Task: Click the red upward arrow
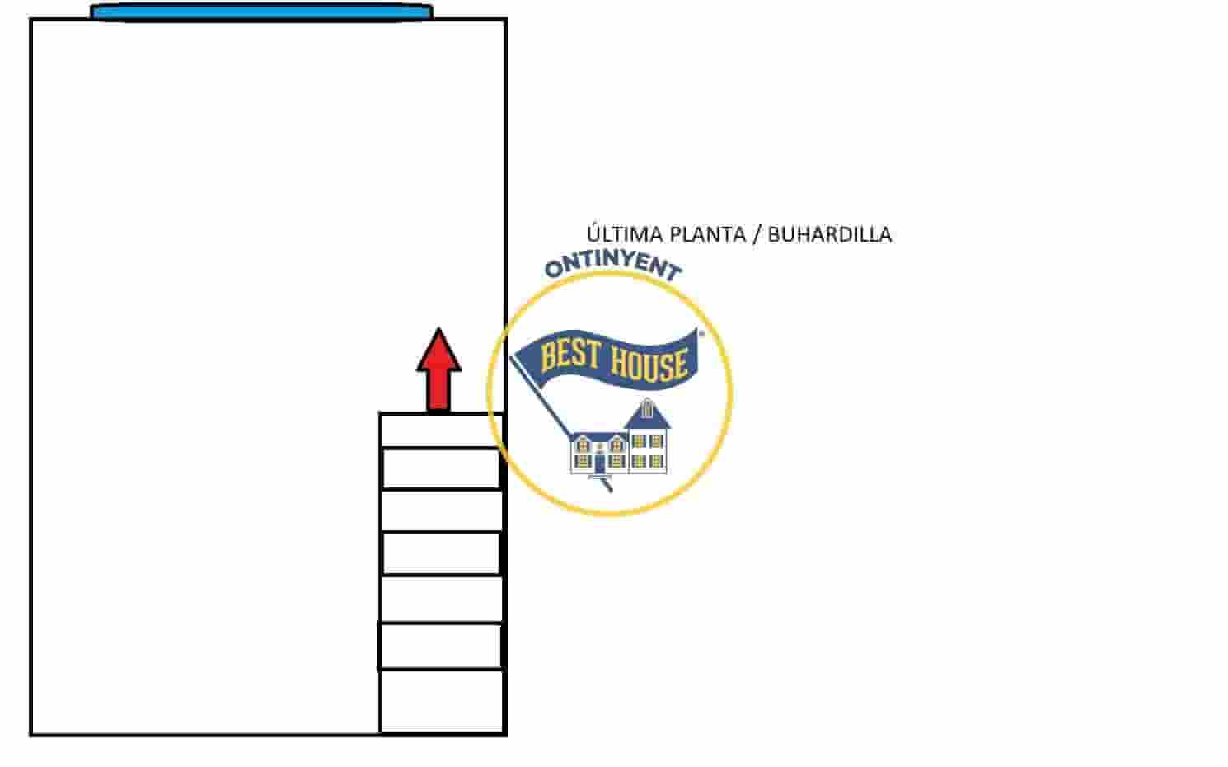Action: pos(438,369)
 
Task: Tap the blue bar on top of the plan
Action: pos(261,12)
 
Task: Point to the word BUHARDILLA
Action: pos(829,235)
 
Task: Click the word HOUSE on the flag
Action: pos(649,363)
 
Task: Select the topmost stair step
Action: pos(441,431)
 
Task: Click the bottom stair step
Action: pos(441,701)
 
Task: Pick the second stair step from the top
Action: pos(441,468)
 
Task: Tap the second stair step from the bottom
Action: pos(440,647)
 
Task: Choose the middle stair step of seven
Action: pos(441,554)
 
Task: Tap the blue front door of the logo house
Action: pos(600,464)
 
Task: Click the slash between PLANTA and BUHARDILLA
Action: pos(757,235)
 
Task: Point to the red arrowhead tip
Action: pos(438,328)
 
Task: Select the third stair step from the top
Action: pos(441,511)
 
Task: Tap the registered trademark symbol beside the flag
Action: pos(701,333)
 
